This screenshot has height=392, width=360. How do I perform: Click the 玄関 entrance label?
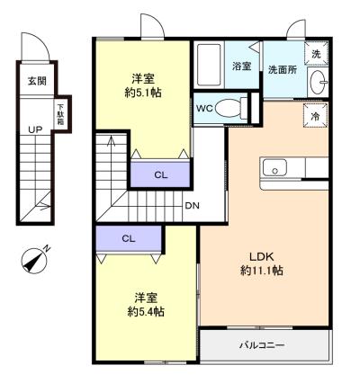tap(37, 81)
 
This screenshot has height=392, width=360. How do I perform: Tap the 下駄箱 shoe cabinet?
tap(61, 114)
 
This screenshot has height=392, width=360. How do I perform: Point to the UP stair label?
tap(35, 129)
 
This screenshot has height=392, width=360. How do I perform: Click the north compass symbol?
tap(35, 260)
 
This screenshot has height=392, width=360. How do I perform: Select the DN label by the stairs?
tap(192, 206)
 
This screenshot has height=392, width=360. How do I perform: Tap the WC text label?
tap(204, 108)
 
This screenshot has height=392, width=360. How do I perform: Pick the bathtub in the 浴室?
tap(209, 65)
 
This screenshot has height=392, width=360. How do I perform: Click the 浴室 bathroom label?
tap(242, 66)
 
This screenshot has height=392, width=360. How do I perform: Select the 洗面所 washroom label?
tap(283, 70)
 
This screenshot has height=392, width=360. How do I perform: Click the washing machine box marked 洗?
tap(317, 54)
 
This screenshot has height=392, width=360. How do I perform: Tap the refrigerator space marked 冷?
tap(315, 116)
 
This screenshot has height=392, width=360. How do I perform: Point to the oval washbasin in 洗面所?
tap(319, 82)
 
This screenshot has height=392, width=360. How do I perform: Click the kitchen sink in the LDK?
tap(274, 168)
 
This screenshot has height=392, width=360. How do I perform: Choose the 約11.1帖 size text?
tap(262, 271)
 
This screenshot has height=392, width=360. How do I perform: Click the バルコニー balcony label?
tap(262, 345)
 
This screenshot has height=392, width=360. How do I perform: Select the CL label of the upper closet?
tap(161, 174)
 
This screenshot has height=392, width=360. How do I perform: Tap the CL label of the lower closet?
tap(129, 238)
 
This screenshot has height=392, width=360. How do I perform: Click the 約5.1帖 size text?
tap(143, 93)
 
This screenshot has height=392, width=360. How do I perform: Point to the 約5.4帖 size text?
tap(146, 312)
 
